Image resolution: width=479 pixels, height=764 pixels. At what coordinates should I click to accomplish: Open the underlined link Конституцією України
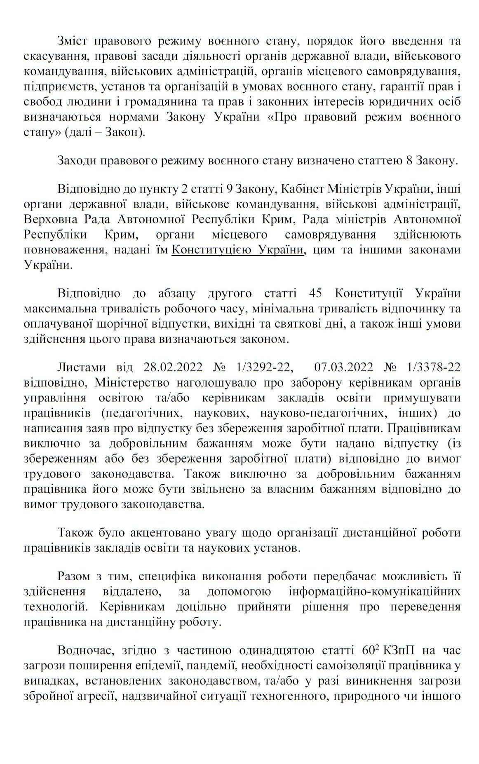coord(238,250)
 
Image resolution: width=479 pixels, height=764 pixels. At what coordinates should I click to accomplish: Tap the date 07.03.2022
coord(344,367)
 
